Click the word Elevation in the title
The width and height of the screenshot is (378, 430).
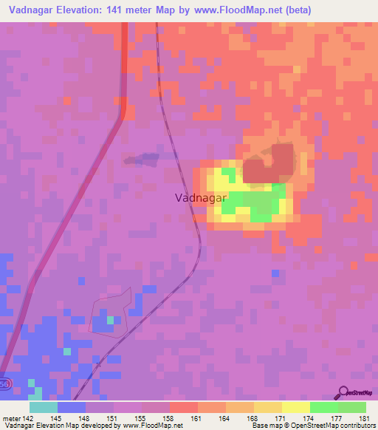point(82,10)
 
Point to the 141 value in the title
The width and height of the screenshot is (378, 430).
point(123,10)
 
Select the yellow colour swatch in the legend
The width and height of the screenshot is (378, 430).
point(295,407)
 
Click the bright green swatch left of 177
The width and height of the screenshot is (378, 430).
point(323,407)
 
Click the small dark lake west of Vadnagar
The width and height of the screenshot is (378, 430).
point(142,159)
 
